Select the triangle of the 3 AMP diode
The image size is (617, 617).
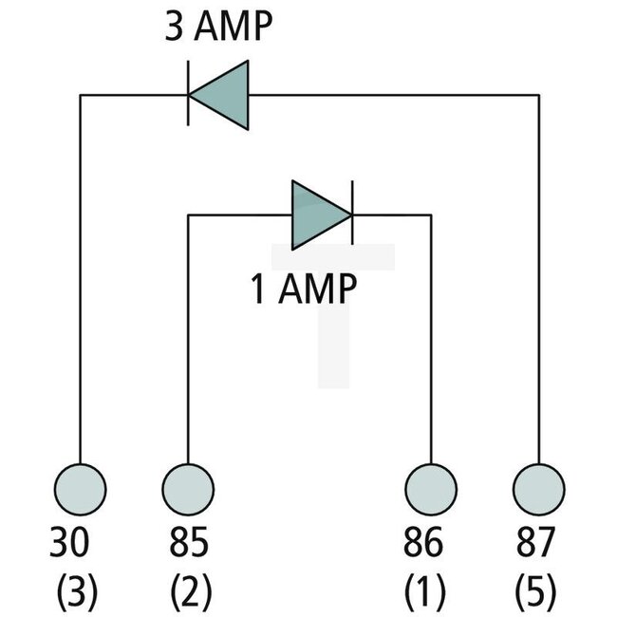223,94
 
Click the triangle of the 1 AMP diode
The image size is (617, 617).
317,215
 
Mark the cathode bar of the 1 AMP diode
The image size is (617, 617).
352,215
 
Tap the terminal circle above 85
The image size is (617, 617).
188,490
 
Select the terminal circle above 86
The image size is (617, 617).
431,490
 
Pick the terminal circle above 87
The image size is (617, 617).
539,490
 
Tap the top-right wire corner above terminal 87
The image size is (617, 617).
539,94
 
